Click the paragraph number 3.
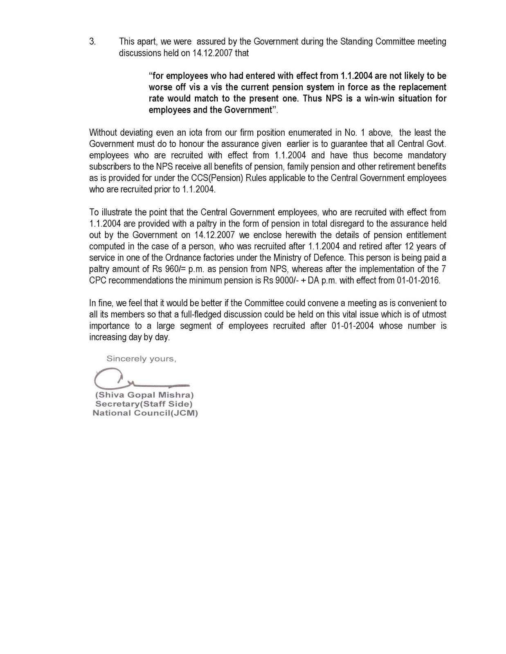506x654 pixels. coord(92,42)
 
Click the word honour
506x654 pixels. coord(192,144)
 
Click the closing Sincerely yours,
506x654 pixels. coord(141,359)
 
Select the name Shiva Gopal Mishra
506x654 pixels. coord(144,395)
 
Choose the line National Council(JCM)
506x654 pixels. coord(145,413)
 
